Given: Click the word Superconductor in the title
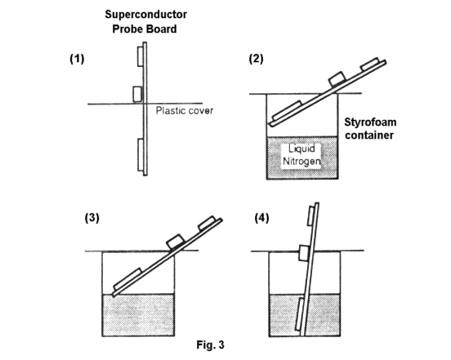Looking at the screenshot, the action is [x=145, y=15].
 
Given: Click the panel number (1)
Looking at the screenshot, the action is [x=77, y=59].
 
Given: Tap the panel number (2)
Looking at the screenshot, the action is [x=256, y=59].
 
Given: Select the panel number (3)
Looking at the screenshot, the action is [x=92, y=218].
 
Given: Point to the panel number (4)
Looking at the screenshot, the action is [x=261, y=218].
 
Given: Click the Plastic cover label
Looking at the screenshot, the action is [x=185, y=111].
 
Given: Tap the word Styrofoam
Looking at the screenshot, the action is [x=370, y=122].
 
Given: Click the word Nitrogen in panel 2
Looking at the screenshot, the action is [x=301, y=161].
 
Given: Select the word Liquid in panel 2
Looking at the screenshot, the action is [x=301, y=149].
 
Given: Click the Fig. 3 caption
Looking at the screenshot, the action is [x=210, y=344].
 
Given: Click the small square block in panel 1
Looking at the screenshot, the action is [x=137, y=94].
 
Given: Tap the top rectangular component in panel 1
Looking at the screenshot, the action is [x=141, y=56].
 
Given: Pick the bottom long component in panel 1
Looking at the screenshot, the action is [x=141, y=155].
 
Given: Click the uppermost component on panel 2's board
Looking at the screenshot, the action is [x=370, y=64].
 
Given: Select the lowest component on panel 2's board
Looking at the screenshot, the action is [x=287, y=110].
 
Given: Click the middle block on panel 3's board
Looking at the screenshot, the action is [x=175, y=242].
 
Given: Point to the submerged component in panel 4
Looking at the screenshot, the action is [x=300, y=314].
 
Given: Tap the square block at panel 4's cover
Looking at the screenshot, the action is [x=304, y=253].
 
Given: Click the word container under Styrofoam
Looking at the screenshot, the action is [x=369, y=136].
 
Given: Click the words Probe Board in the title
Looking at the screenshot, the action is [x=145, y=29].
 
